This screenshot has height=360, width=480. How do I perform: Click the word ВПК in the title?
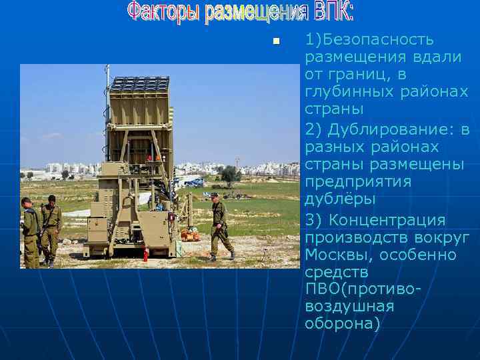(331, 11)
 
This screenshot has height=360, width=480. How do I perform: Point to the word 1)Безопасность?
(369, 40)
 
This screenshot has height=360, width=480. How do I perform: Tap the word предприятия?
(358, 181)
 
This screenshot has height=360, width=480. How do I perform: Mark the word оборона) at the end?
(341, 324)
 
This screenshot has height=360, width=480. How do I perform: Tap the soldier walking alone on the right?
(220, 225)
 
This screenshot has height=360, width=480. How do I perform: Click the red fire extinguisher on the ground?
(145, 254)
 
